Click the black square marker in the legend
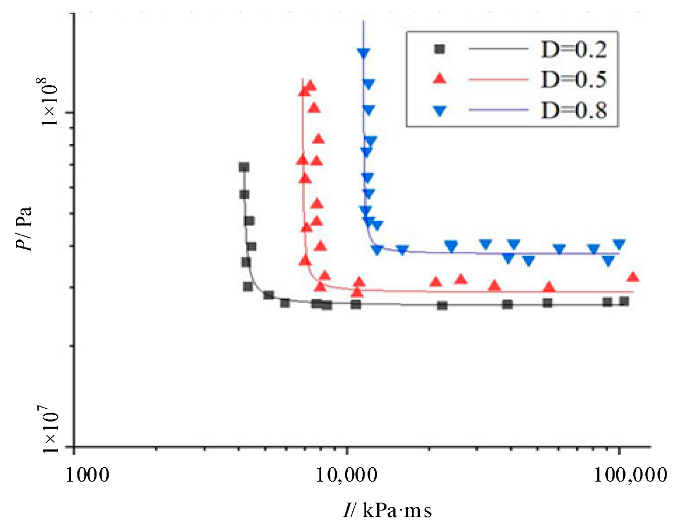coord(440,50)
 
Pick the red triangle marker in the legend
coord(440,79)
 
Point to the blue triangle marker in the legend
coord(440,110)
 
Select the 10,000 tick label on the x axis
coord(347,475)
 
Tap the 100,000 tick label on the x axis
coord(619,475)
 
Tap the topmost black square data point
coord(244,167)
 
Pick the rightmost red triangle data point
coord(633,277)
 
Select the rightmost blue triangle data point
coord(619,245)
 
